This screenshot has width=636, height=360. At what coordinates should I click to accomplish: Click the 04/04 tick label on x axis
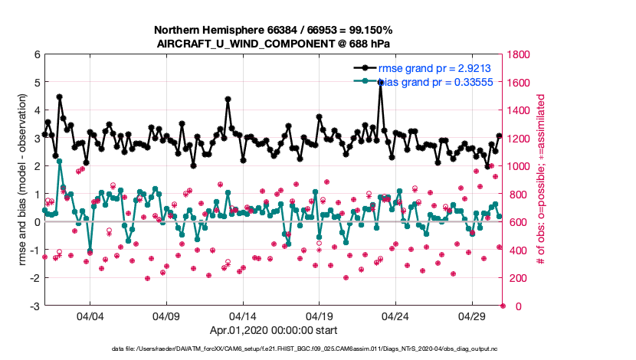(x=90, y=316)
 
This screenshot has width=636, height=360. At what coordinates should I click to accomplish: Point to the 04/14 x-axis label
(x=243, y=316)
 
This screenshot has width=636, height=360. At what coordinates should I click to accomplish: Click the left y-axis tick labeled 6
(x=37, y=54)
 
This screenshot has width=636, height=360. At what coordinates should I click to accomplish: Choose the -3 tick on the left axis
(x=34, y=306)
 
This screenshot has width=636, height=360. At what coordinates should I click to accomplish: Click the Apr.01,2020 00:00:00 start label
(x=273, y=331)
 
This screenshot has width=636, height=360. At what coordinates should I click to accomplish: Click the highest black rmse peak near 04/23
(x=381, y=82)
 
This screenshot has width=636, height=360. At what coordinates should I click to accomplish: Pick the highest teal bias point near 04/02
(x=59, y=161)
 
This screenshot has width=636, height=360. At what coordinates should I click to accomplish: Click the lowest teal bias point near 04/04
(x=90, y=250)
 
